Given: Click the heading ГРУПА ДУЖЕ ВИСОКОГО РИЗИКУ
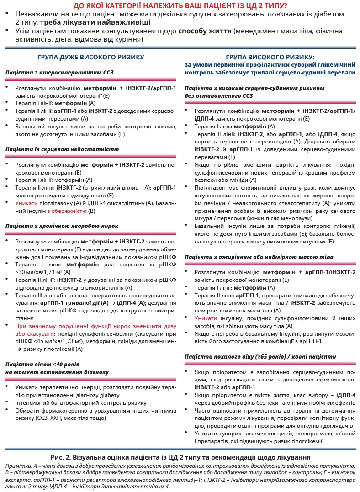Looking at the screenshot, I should click(91, 57).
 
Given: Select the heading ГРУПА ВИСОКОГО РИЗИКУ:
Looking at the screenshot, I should click(270, 57).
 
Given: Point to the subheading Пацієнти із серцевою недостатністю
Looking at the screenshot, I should click(62, 149).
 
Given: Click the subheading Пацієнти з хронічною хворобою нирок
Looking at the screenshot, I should click(62, 226).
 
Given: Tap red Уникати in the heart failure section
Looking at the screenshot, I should click(26, 203).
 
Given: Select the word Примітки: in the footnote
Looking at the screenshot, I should click(20, 465).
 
